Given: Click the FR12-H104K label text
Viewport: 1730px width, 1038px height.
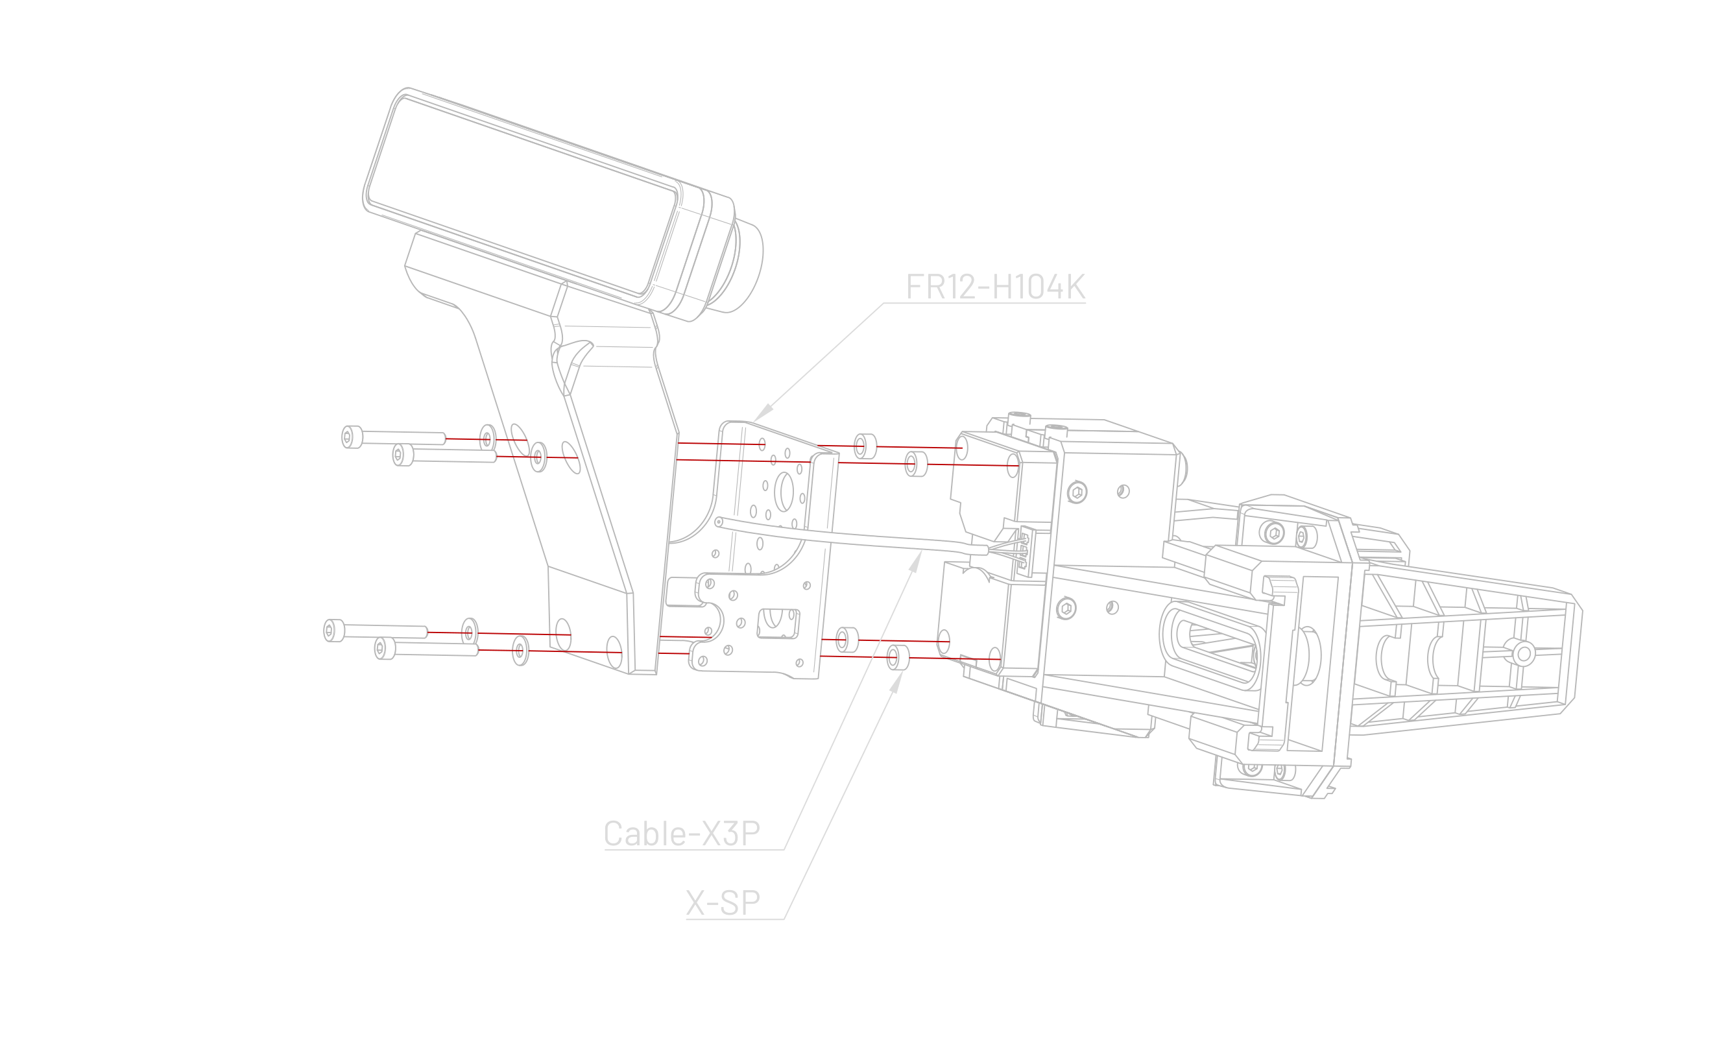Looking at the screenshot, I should click(x=995, y=287).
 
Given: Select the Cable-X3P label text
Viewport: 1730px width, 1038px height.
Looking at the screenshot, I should click(x=681, y=834).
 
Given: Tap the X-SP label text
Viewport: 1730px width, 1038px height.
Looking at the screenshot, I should click(x=723, y=903).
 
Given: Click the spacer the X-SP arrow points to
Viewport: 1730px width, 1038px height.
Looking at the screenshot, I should click(x=896, y=657).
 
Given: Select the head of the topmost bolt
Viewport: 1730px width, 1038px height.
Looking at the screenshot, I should click(x=351, y=438).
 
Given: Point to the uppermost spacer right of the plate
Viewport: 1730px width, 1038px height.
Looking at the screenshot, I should click(x=865, y=446).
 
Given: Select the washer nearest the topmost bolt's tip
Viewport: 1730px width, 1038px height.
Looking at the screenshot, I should click(x=487, y=439).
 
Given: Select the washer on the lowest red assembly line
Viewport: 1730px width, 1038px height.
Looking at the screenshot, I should click(x=520, y=651).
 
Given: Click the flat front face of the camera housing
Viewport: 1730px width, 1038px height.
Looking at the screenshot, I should click(x=518, y=192).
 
